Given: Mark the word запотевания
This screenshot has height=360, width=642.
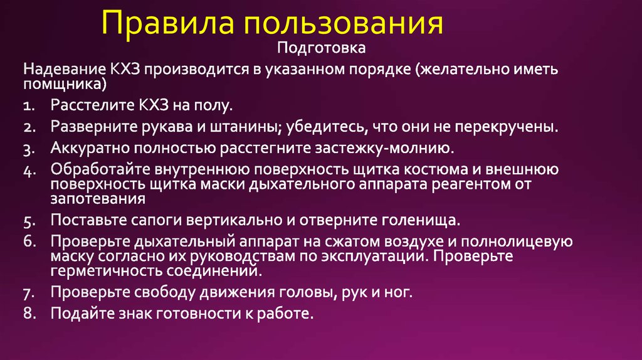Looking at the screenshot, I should coord(98,199).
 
